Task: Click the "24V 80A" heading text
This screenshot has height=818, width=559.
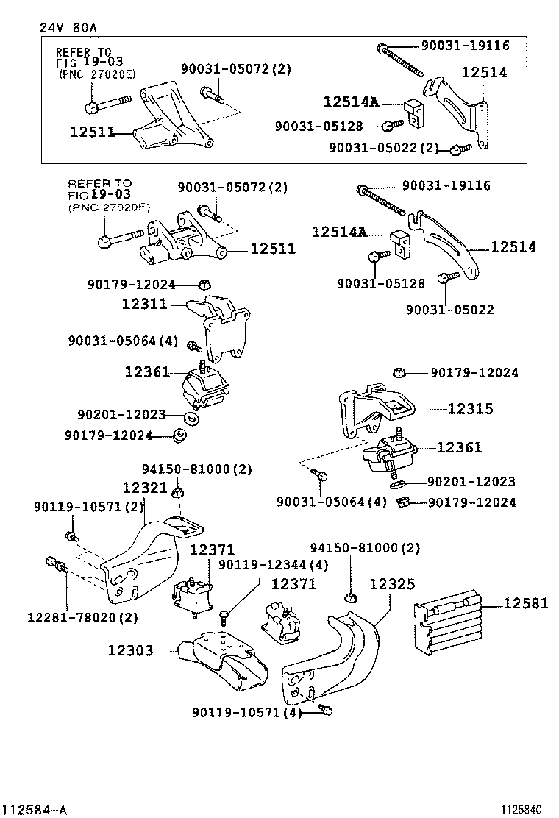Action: (x=68, y=27)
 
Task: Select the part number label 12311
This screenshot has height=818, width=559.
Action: (x=145, y=303)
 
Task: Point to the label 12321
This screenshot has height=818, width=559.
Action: (x=145, y=488)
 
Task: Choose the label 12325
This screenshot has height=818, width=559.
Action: (x=392, y=584)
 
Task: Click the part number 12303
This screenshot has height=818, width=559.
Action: (x=130, y=650)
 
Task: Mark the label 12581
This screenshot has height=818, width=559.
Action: (x=526, y=604)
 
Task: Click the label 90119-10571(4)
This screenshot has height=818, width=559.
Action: (x=247, y=712)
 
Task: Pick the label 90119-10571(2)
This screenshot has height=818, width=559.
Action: (x=88, y=506)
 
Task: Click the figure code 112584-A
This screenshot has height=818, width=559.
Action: (x=35, y=810)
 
